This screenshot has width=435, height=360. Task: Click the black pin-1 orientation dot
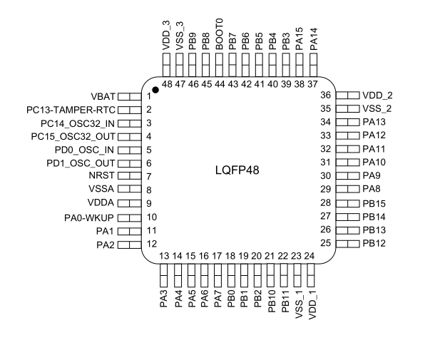tap(155, 90)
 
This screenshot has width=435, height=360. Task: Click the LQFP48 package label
tap(237, 170)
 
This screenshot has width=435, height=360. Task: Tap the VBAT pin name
tap(103, 96)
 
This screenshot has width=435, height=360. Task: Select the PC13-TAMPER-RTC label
tap(71, 110)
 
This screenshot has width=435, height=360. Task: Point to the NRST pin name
tap(101, 175)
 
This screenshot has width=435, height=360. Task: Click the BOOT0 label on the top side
tap(219, 34)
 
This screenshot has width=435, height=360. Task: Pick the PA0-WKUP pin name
tap(89, 217)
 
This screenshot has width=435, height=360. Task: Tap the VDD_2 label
tap(377, 96)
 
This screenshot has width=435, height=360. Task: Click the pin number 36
tap(326, 95)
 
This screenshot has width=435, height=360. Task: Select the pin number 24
tap(309, 256)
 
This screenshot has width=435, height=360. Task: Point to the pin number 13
tap(164, 256)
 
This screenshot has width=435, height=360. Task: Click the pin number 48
tap(167, 83)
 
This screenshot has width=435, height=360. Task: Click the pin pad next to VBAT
tap(130, 96)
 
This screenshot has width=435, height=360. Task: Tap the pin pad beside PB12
tap(347, 244)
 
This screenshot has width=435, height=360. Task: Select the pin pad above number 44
tap(219, 65)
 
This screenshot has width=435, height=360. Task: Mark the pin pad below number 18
tap(231, 275)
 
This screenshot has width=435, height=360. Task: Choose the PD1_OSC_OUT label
tap(81, 163)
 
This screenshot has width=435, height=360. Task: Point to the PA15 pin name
tap(300, 38)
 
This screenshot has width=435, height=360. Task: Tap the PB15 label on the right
tap(374, 204)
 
